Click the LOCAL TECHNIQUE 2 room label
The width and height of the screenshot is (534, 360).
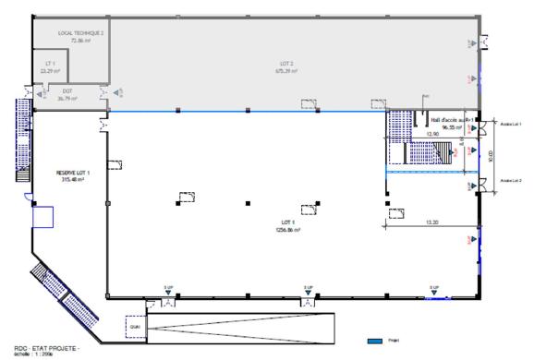[x=81, y=32]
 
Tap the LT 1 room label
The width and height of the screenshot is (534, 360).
[x=53, y=64]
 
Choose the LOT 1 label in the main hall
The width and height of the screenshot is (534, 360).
[x=288, y=222]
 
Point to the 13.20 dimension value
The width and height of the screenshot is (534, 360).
[x=431, y=222]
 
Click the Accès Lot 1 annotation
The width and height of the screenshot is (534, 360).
[x=511, y=123]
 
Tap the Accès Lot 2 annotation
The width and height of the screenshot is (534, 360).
[x=511, y=181]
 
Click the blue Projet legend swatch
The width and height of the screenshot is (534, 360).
[x=375, y=339]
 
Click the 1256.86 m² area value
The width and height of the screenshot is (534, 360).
[x=288, y=229]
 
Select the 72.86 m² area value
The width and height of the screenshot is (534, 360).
[x=81, y=40]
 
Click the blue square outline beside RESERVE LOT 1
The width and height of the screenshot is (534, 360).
[x=42, y=217]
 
